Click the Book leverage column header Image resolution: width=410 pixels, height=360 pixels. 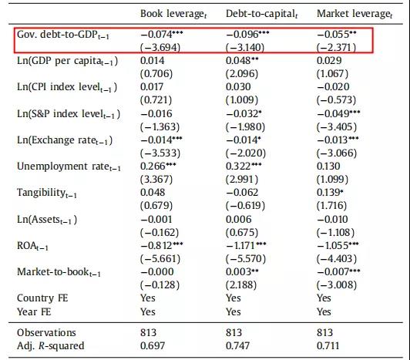(173, 14)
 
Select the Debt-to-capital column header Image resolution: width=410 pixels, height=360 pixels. (262, 14)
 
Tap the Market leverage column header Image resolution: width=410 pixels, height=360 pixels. (355, 14)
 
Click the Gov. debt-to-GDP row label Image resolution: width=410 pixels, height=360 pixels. (62, 35)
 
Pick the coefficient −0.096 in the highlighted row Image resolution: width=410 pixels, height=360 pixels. (247, 34)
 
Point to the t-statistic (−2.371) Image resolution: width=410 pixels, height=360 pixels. (336, 47)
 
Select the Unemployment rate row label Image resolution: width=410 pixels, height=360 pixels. (69, 167)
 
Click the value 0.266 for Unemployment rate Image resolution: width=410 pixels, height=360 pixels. (158, 167)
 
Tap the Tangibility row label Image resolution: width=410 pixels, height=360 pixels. (47, 193)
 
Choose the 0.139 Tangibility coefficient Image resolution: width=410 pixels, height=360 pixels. (330, 192)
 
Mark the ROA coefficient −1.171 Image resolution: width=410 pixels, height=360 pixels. (246, 245)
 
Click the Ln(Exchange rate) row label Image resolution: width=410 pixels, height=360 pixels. (65, 140)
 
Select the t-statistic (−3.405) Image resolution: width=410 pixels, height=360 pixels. (337, 127)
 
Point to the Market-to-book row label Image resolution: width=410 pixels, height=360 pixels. (59, 272)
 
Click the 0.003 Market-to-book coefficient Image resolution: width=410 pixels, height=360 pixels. (242, 271)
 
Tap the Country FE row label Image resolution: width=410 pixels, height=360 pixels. (42, 298)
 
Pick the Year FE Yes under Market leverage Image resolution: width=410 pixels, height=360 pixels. (324, 311)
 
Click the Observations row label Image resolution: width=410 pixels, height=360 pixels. (46, 332)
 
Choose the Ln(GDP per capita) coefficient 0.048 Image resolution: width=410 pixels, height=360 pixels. (242, 61)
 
